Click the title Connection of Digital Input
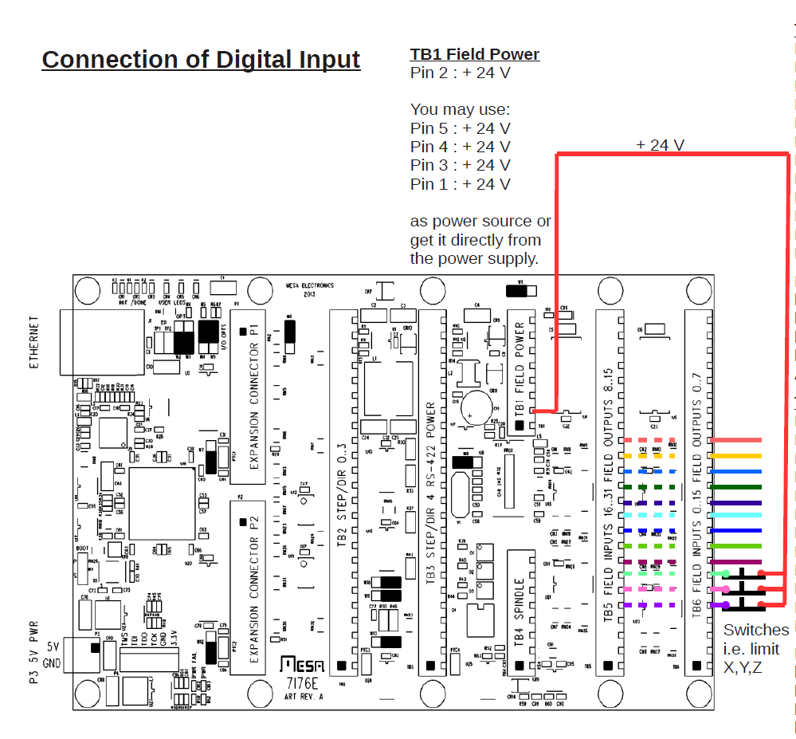click(201, 60)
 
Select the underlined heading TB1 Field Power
click(475, 54)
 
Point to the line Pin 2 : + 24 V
click(460, 73)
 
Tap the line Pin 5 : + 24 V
click(460, 128)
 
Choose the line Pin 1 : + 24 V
click(460, 184)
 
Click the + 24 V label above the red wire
click(660, 145)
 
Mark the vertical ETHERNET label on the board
click(34, 341)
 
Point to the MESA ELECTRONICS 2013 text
click(310, 289)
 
